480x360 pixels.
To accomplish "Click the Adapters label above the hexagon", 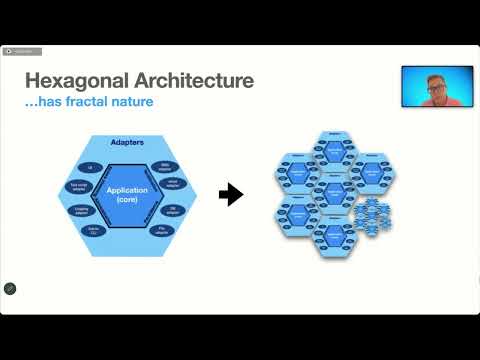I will [x=130, y=143].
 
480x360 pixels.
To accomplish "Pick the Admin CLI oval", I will [x=95, y=231].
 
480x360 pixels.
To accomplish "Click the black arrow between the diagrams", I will [x=231, y=194].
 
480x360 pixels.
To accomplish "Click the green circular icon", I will [x=10, y=289].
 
